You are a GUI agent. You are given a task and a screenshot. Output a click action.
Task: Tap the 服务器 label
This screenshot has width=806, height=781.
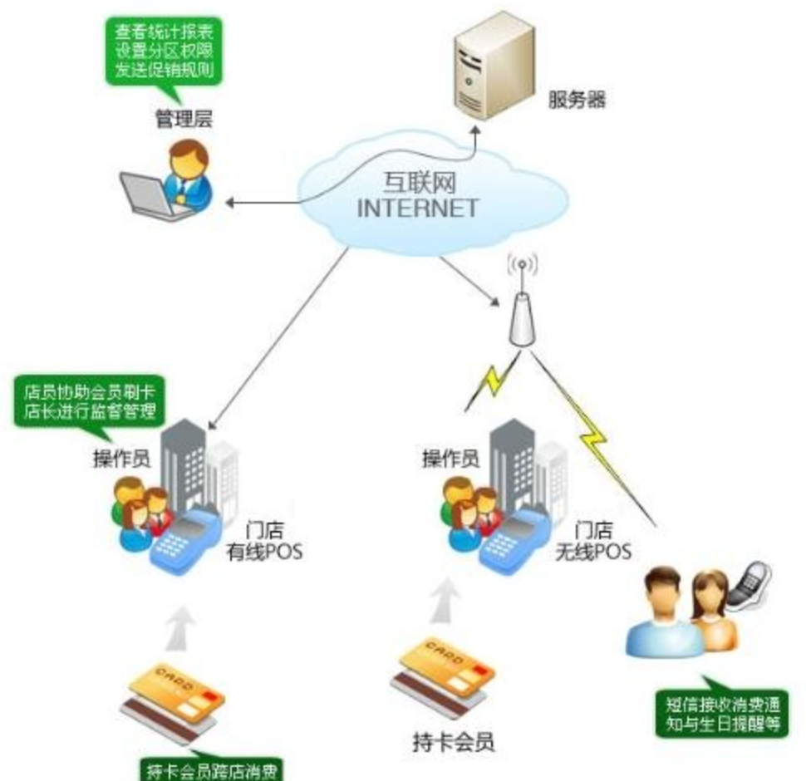click(x=577, y=101)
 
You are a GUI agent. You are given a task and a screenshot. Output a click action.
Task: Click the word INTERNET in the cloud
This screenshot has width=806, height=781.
click(x=417, y=206)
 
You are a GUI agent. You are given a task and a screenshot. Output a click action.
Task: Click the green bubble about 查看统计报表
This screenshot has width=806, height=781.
click(x=166, y=51)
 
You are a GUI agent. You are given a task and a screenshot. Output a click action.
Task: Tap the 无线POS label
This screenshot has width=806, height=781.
click(x=592, y=551)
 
